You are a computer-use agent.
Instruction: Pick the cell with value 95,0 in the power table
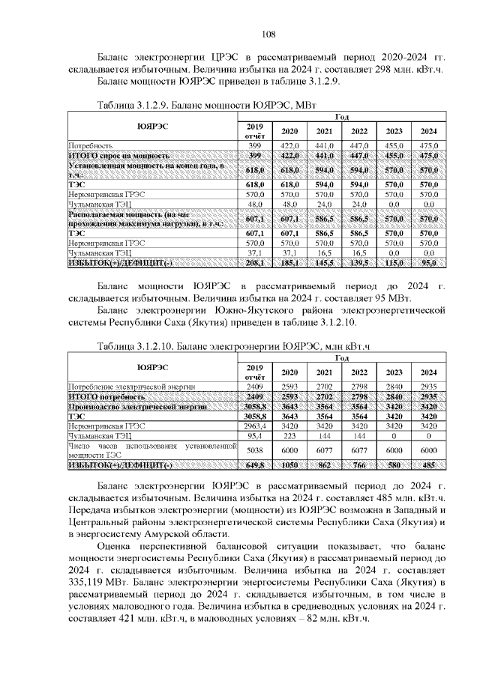(x=428, y=264)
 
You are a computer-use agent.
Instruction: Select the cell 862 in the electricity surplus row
(x=324, y=465)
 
